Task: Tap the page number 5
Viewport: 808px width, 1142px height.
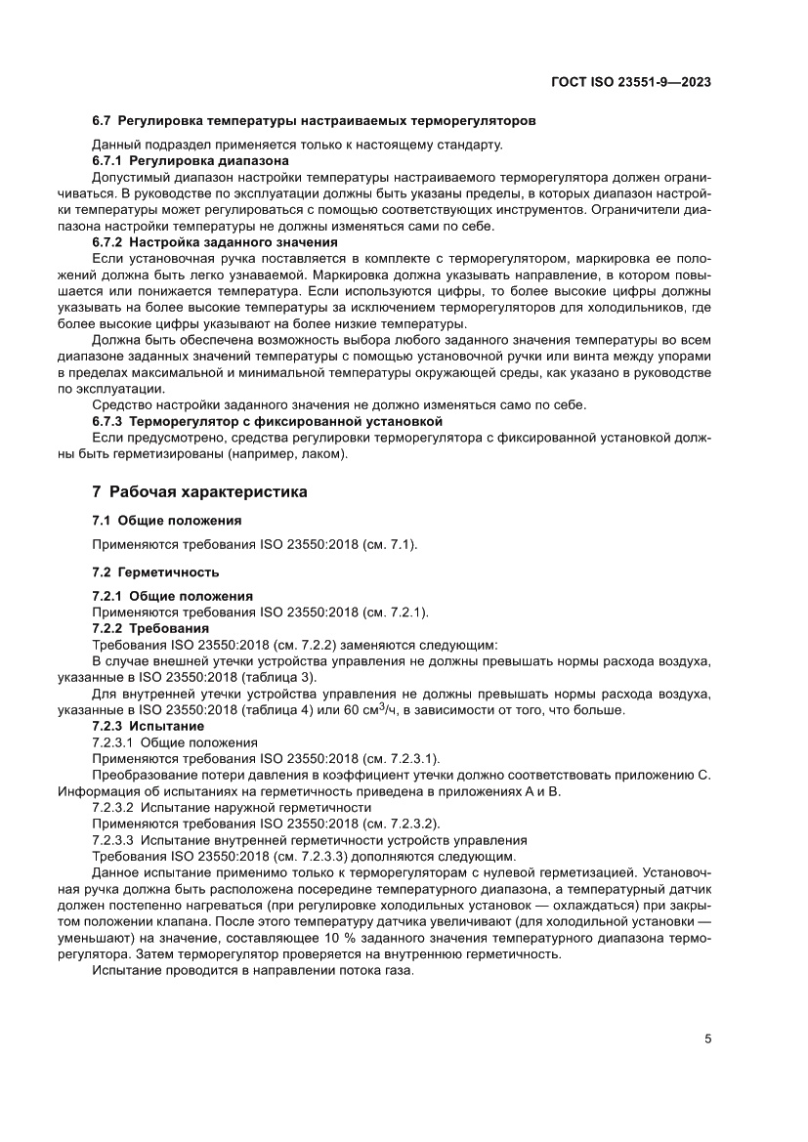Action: click(x=707, y=1039)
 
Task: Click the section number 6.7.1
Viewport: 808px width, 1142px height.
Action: click(x=109, y=160)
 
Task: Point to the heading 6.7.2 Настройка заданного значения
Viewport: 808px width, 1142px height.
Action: click(x=214, y=242)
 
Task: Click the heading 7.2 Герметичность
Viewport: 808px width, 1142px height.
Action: click(x=155, y=571)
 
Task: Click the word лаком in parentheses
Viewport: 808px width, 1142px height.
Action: click(x=321, y=455)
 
